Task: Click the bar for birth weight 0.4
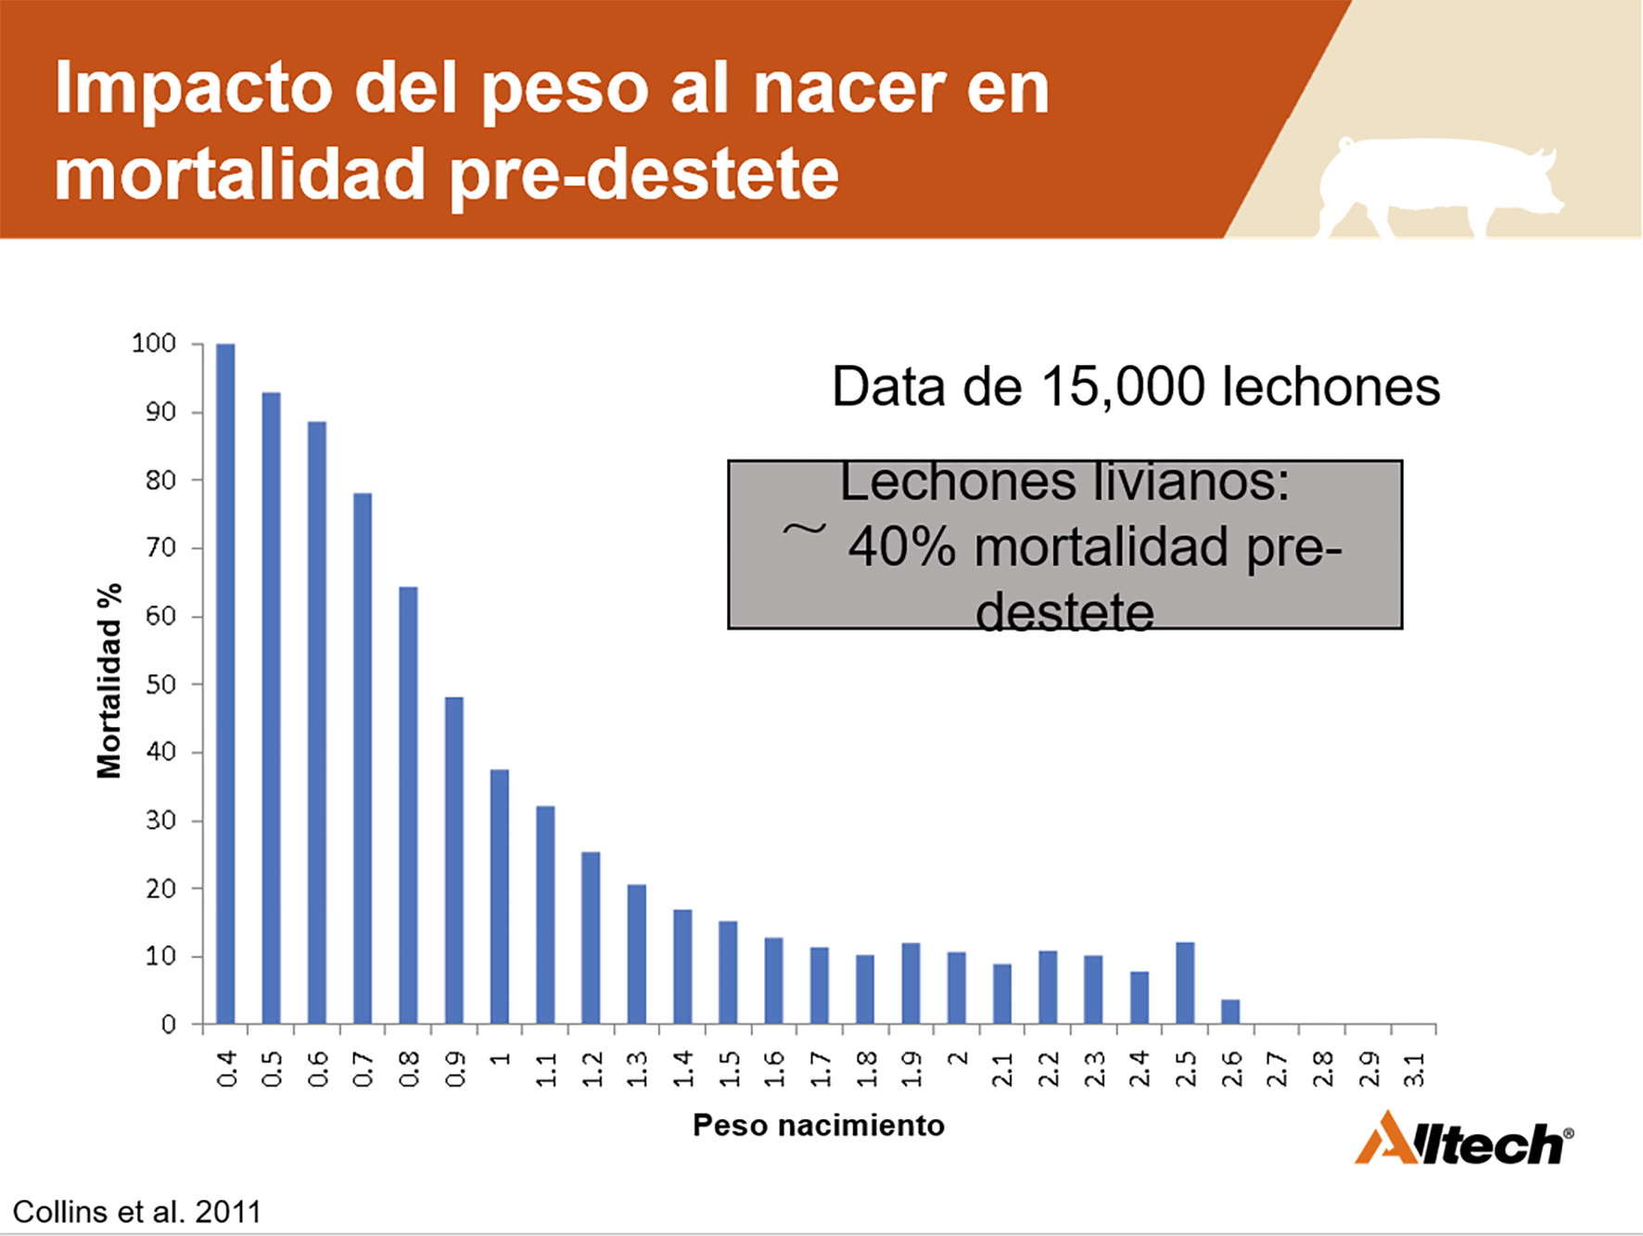(225, 684)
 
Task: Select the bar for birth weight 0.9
(454, 860)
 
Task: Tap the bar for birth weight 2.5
(1185, 984)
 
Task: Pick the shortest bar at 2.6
(1230, 1013)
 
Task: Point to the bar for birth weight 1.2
(591, 938)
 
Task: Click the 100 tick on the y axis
(154, 344)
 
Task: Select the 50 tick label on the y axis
(161, 684)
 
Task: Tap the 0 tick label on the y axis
(169, 1025)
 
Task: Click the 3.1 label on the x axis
(1415, 1069)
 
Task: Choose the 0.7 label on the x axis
(363, 1069)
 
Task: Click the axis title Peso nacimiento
(819, 1126)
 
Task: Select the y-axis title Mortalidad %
(109, 681)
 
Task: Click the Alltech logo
(1464, 1139)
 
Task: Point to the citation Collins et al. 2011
(137, 1212)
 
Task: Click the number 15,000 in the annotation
(1123, 387)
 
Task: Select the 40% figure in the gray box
(902, 547)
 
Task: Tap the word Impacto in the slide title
(194, 90)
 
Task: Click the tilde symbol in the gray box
(804, 529)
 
